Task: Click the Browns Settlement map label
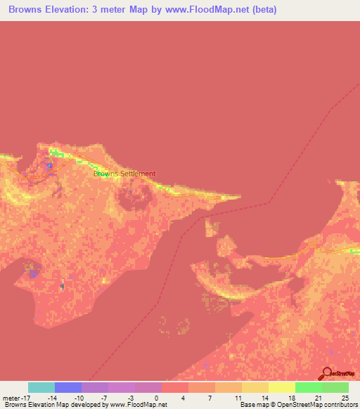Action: tap(124, 174)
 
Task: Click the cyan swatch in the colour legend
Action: tap(41, 387)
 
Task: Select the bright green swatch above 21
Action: tap(309, 387)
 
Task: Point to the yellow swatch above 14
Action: tap(255, 387)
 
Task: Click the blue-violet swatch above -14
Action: tap(68, 387)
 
